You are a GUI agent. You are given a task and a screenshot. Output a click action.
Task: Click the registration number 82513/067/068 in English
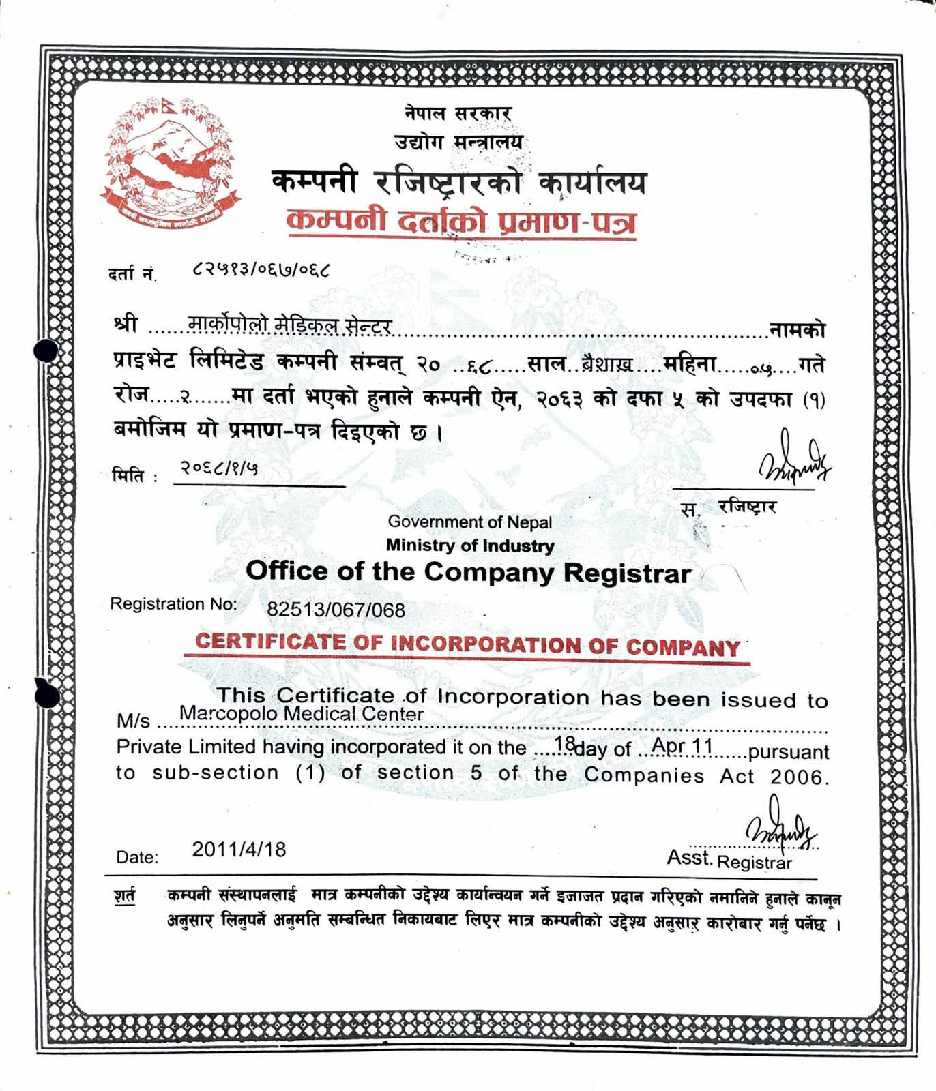click(x=336, y=609)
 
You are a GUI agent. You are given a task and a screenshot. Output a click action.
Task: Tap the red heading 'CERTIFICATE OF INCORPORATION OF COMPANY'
click(x=467, y=644)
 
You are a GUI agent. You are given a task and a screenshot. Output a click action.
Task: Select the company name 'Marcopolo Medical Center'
click(x=301, y=714)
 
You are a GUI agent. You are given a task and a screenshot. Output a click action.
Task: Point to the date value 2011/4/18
click(x=239, y=850)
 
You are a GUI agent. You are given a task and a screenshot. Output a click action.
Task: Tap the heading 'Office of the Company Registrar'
click(x=468, y=571)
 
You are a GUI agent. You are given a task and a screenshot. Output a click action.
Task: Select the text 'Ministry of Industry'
click(x=469, y=545)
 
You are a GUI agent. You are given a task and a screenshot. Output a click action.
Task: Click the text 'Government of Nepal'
click(x=469, y=522)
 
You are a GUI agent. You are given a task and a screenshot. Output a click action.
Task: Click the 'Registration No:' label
click(x=173, y=604)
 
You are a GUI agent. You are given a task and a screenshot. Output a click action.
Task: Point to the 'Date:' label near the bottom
click(x=137, y=857)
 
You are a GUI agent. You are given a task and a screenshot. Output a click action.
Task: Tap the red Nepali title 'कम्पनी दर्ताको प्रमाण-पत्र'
click(x=461, y=222)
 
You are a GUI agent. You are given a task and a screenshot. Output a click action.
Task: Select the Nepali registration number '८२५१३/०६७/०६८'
click(x=261, y=269)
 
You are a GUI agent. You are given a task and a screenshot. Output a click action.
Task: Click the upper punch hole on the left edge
click(x=46, y=350)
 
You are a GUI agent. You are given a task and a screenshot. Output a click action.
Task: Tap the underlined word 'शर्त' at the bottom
click(x=125, y=895)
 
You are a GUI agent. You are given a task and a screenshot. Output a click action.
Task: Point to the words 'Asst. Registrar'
click(x=729, y=860)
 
